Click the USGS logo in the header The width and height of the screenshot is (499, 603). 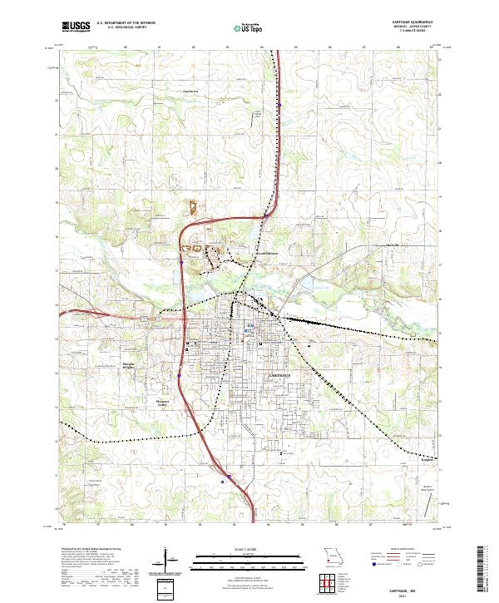[x=75, y=26]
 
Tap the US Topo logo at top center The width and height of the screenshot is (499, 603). [x=247, y=27]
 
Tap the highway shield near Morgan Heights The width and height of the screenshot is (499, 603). [x=177, y=376]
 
